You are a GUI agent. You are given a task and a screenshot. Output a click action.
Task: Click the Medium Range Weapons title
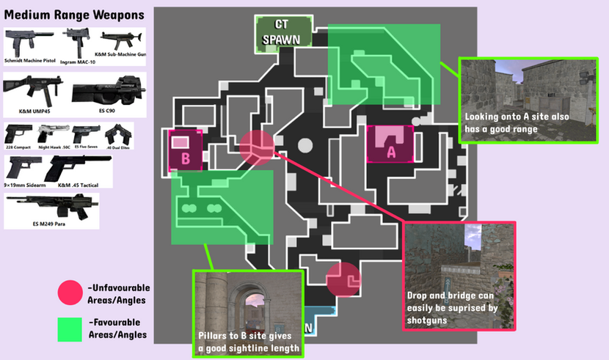coord(73,15)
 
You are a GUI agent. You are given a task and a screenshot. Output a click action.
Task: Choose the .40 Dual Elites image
coord(118,134)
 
